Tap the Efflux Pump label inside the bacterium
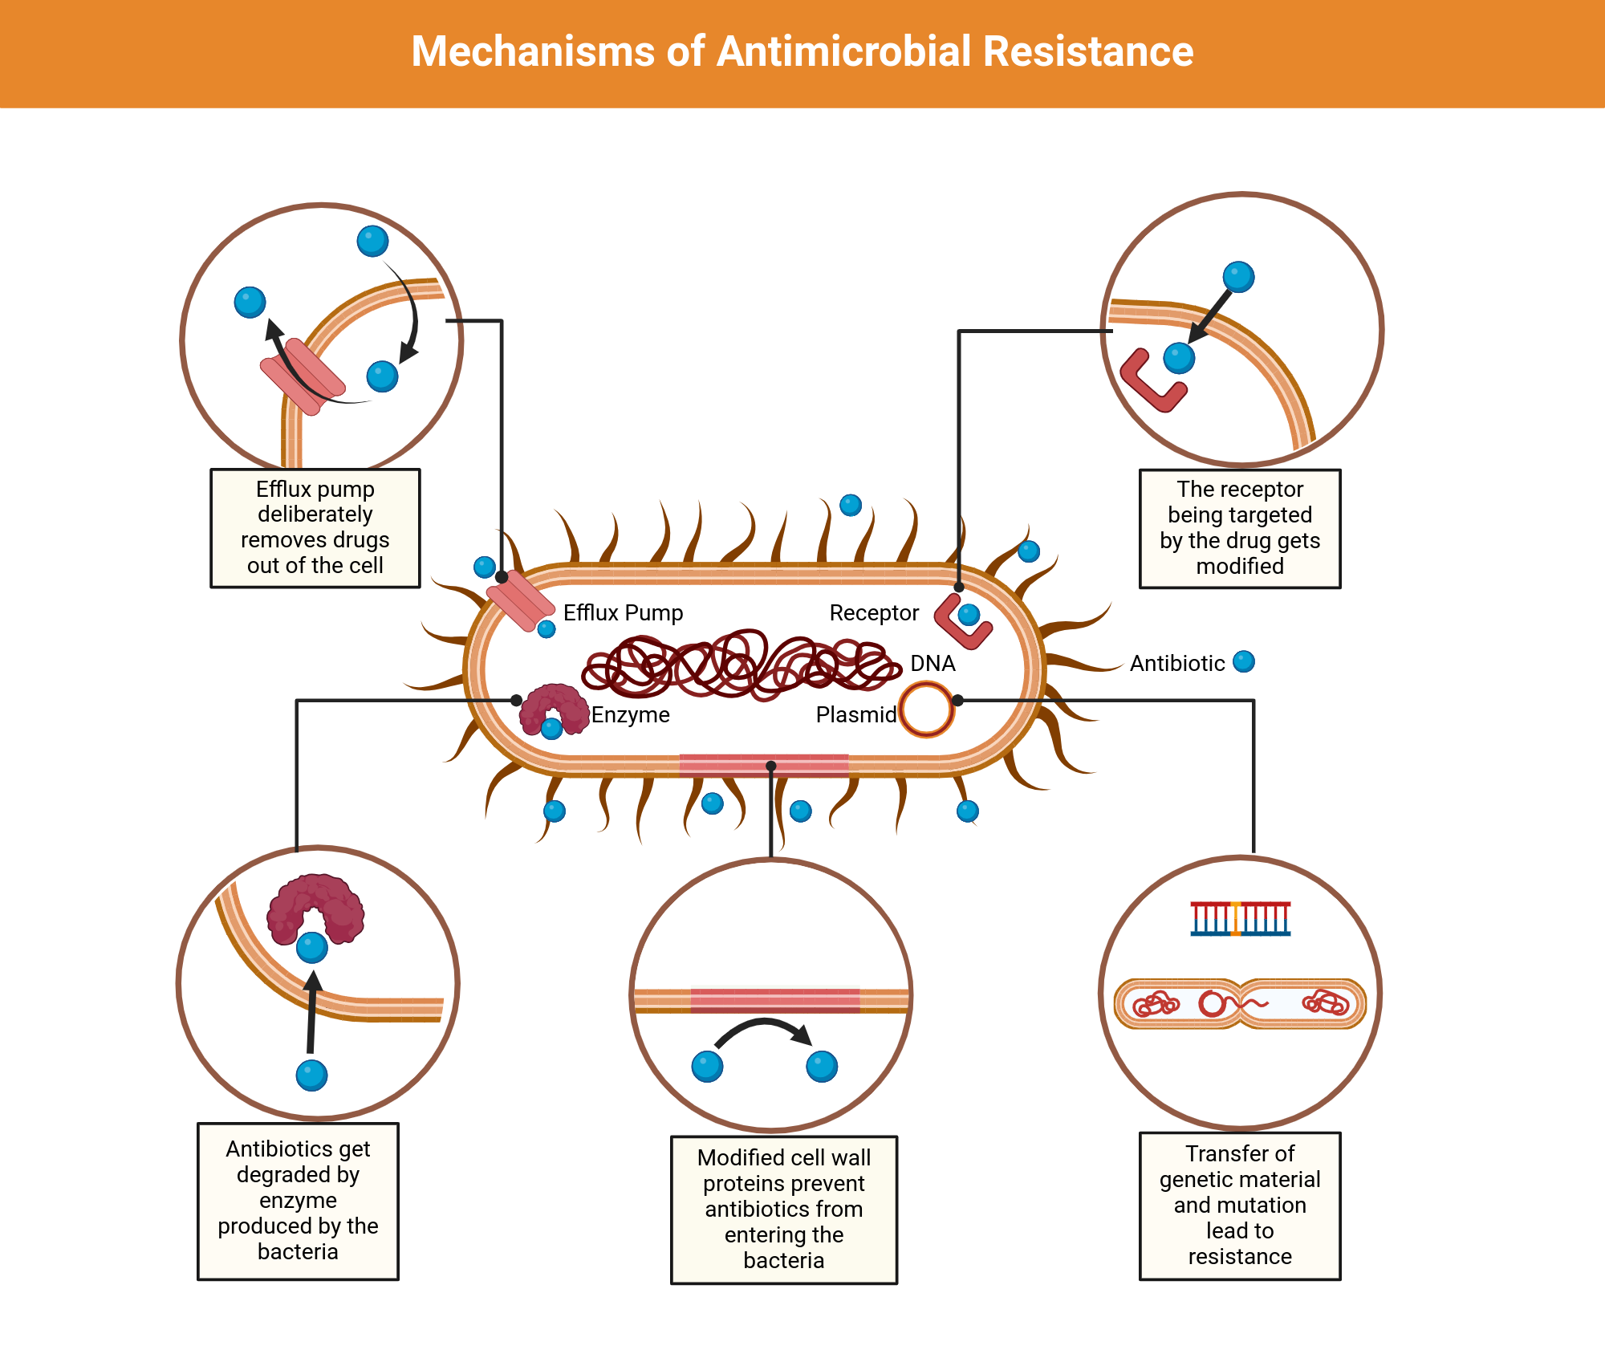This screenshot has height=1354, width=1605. [x=623, y=613]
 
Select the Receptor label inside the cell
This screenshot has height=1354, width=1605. [x=873, y=613]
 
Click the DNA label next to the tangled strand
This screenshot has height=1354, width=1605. [x=933, y=664]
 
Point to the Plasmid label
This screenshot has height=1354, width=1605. [x=855, y=714]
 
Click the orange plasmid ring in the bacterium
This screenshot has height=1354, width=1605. [x=926, y=710]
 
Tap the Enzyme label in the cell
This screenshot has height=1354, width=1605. [x=630, y=714]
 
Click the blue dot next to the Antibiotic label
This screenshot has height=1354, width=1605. [x=1243, y=662]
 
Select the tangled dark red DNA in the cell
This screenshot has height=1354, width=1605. [x=738, y=665]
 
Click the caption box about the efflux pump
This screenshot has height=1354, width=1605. [x=315, y=527]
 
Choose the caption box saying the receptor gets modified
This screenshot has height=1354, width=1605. [x=1240, y=528]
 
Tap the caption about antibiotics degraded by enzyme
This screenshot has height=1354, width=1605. [x=298, y=1201]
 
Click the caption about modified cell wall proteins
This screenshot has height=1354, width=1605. [x=783, y=1209]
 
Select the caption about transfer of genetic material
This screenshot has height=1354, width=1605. [x=1240, y=1205]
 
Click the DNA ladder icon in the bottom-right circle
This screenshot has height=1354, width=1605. [x=1240, y=919]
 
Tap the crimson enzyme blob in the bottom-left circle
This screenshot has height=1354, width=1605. [x=315, y=907]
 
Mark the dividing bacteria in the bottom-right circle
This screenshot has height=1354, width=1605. [x=1240, y=1003]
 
